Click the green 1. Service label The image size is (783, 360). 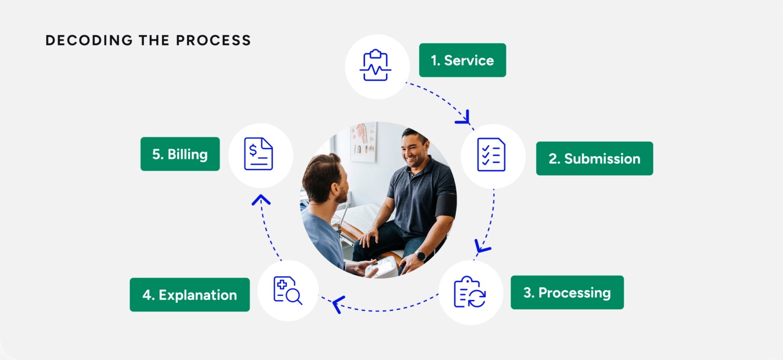click(462, 60)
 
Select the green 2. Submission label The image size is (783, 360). click(594, 158)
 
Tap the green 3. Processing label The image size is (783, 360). click(567, 292)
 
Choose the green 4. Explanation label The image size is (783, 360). click(189, 295)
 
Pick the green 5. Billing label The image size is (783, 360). click(180, 154)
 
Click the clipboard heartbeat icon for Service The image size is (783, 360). click(376, 66)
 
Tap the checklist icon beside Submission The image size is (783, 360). click(491, 155)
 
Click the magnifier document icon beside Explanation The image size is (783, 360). click(287, 291)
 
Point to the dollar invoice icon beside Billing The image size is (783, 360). click(259, 154)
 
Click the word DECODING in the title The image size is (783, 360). click(89, 40)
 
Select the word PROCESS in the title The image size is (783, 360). click(213, 40)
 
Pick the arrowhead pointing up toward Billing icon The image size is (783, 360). click(261, 200)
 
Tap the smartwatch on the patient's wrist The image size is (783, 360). click(420, 255)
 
